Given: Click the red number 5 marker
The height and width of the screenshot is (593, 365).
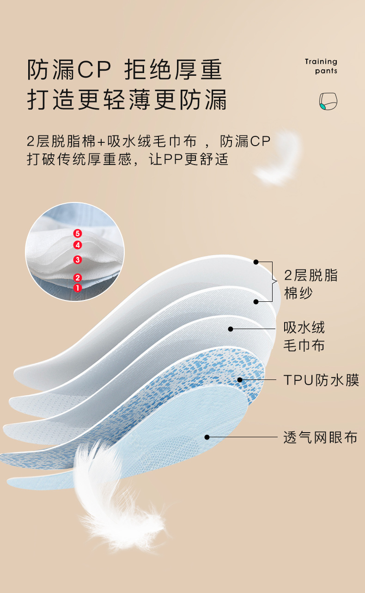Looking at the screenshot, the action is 78,234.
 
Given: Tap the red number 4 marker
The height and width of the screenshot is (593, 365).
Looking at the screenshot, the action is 78,245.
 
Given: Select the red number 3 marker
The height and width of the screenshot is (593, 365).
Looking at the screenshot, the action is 78,260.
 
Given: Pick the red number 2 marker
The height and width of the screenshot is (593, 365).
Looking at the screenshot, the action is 78,277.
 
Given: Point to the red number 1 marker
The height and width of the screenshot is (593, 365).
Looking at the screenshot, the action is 78,287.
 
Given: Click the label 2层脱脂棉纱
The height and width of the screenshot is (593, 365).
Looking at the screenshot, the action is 310,284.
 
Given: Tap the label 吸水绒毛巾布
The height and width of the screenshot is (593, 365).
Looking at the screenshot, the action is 304,336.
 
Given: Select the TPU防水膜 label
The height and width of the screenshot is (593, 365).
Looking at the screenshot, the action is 321,380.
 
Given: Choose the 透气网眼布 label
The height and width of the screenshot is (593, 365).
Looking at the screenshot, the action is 320,437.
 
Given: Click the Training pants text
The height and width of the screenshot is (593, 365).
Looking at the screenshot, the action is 321,66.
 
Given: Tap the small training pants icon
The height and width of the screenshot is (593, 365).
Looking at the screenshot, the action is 328,101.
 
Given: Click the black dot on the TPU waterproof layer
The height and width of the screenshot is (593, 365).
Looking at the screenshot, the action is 240,380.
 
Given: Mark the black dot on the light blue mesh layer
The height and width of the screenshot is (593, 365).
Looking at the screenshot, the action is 207,437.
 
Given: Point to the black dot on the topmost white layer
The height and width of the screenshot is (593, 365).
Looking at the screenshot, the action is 256,262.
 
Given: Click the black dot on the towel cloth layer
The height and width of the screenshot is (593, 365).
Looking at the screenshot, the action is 230,329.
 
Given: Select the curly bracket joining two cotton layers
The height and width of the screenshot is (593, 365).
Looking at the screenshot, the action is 274,281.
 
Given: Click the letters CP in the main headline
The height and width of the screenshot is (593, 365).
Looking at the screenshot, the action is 94,70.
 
